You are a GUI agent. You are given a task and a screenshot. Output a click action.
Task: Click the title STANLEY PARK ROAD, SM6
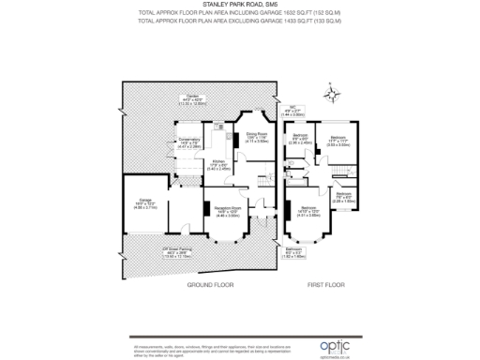[x=240, y=5]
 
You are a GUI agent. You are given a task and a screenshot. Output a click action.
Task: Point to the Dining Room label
[x=257, y=138]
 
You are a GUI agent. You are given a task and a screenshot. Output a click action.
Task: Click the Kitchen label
[x=217, y=167]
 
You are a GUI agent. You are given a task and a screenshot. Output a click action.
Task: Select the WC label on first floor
[x=293, y=111]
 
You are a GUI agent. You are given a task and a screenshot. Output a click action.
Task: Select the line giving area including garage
[x=240, y=13]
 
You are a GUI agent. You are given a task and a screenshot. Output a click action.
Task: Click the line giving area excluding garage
[x=240, y=22]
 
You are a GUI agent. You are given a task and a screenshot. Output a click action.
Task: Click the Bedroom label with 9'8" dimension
[x=300, y=140]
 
